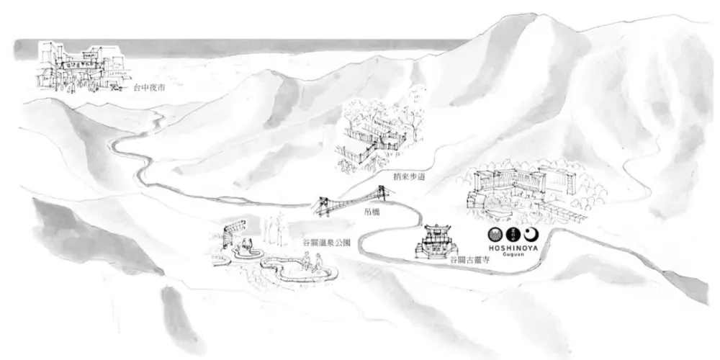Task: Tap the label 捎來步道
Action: [395, 174]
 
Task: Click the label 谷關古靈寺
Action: [469, 259]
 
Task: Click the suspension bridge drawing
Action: [352, 202]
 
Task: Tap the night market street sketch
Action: [79, 68]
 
